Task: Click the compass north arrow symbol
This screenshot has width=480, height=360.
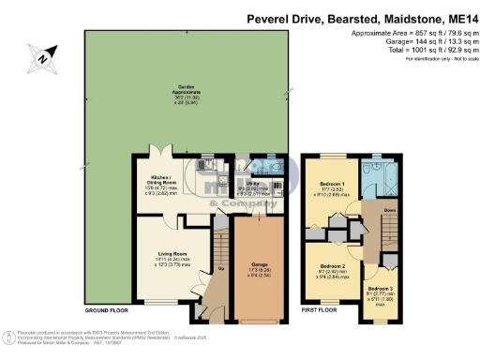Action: [x=42, y=59]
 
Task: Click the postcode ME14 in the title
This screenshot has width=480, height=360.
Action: [x=456, y=18]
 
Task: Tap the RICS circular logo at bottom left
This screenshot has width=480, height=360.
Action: [x=12, y=337]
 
